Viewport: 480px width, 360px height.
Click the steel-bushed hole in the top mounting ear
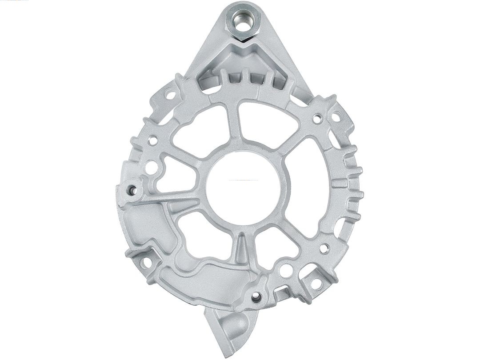(x=242, y=23)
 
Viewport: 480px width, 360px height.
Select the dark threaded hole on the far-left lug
(x=132, y=191)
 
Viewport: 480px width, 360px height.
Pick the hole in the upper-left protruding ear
(x=169, y=94)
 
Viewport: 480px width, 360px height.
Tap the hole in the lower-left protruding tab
(x=145, y=263)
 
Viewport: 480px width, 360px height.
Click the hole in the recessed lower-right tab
(x=316, y=283)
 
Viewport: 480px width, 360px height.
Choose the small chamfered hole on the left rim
(x=153, y=141)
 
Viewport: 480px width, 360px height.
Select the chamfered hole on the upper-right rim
(x=317, y=119)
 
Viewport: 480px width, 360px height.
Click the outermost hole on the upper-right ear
(x=336, y=117)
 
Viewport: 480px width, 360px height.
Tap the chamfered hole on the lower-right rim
(x=324, y=248)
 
